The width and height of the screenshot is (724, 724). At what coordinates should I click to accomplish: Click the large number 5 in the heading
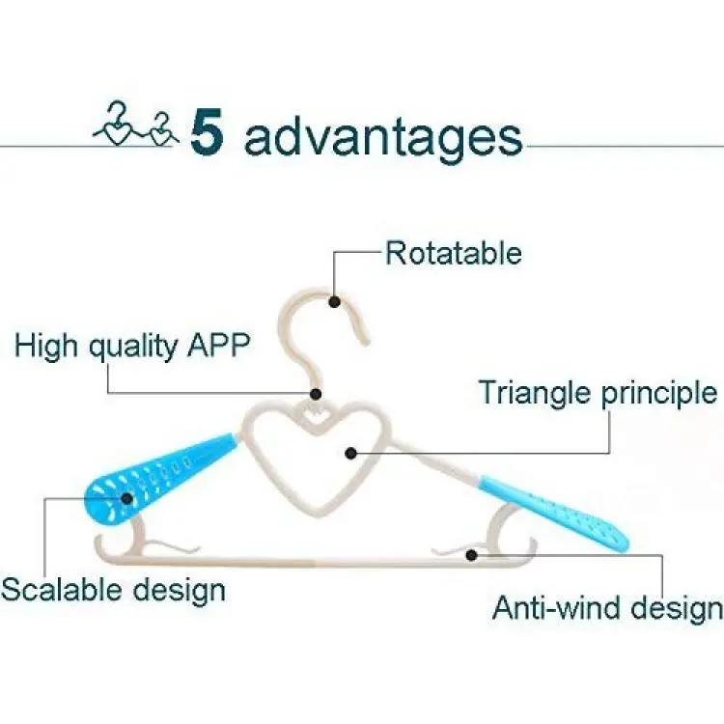pyautogui.click(x=208, y=131)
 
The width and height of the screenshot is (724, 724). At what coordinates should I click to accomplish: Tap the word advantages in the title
pyautogui.click(x=383, y=137)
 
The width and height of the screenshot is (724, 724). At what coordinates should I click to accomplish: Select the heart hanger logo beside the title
pyautogui.click(x=137, y=124)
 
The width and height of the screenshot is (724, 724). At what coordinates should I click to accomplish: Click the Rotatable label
pyautogui.click(x=454, y=253)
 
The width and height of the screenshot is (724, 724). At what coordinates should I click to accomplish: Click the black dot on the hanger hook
pyautogui.click(x=335, y=302)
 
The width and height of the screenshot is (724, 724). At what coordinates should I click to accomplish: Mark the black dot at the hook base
pyautogui.click(x=316, y=394)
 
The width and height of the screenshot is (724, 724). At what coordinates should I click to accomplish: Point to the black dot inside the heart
pyautogui.click(x=351, y=453)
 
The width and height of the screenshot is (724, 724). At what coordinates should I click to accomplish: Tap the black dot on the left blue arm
pyautogui.click(x=127, y=498)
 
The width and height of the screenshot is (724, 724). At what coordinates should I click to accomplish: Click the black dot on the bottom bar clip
pyautogui.click(x=471, y=554)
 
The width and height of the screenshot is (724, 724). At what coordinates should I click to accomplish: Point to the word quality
pyautogui.click(x=133, y=347)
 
